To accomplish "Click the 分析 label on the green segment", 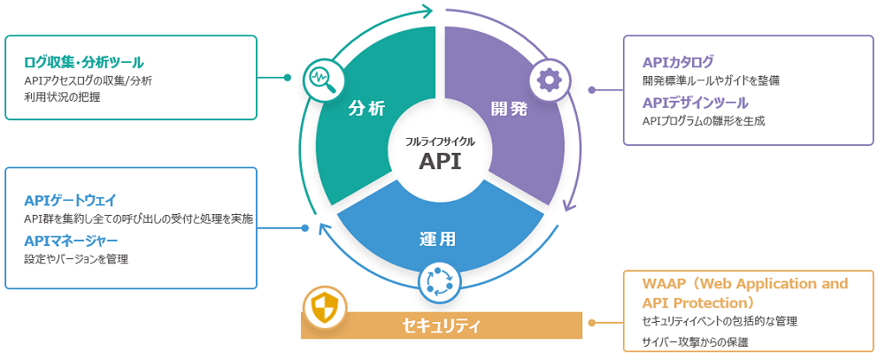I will pos(366,109).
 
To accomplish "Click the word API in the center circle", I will pos(440,162).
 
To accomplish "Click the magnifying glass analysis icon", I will pos(320,79).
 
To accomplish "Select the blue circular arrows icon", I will pos(440,280).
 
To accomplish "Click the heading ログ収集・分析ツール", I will pos(84,62).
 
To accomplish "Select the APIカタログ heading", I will pos(678,62).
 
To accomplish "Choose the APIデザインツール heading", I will pos(696,103).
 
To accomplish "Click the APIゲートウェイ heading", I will pos(71,200).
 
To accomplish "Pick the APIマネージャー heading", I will pos(71,241).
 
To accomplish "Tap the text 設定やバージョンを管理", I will pos(76,259).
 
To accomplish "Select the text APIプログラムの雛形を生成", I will pos(704,120).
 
